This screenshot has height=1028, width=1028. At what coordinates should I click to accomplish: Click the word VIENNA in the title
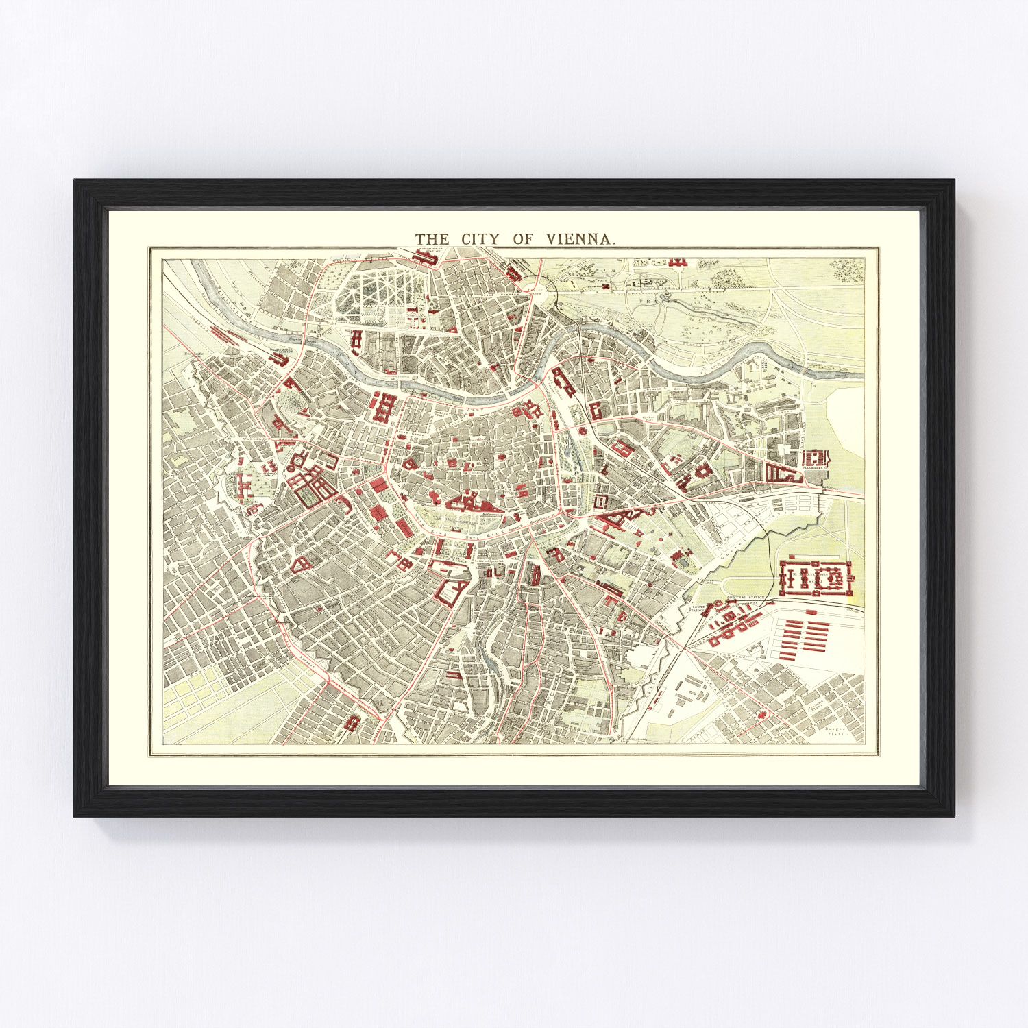point(581,238)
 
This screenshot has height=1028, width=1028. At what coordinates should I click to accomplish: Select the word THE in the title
point(432,238)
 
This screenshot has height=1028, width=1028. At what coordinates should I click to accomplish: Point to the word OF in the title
point(523,238)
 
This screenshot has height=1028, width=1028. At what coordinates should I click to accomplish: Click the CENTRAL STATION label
point(746,598)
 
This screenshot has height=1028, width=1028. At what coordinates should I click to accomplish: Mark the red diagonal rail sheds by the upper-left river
point(223,335)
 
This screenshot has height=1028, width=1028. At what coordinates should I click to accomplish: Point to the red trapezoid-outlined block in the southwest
point(300,564)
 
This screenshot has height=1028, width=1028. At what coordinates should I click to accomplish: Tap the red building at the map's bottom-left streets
point(354,722)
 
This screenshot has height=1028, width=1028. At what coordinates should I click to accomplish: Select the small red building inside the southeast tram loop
point(761,715)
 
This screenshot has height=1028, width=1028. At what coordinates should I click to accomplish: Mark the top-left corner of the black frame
point(75,181)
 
